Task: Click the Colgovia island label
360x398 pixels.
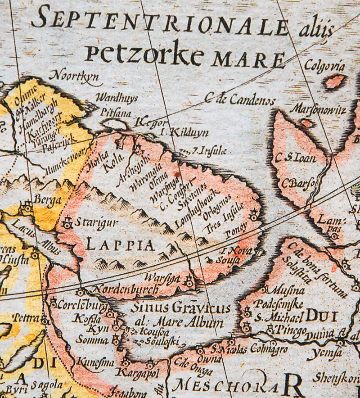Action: coord(324,66)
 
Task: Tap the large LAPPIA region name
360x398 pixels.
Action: coord(120,245)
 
